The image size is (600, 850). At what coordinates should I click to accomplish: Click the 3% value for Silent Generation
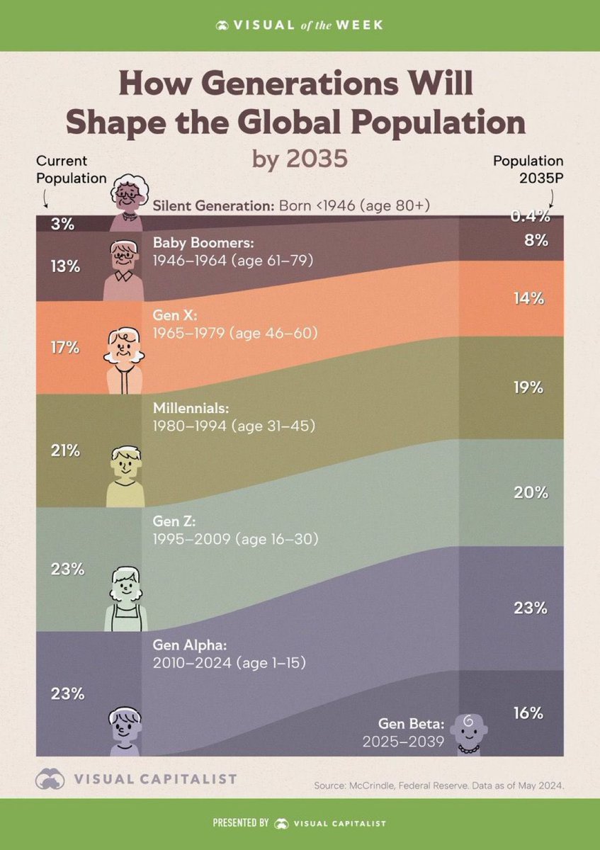(62, 225)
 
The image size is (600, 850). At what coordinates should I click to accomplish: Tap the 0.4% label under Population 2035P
(529, 217)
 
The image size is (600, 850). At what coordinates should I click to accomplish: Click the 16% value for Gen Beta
(529, 713)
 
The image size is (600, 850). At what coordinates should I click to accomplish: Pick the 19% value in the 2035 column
(529, 387)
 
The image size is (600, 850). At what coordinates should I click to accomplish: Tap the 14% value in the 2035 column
(529, 299)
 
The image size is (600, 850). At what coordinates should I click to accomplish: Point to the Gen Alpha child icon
(124, 730)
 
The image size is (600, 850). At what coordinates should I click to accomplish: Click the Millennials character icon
(125, 475)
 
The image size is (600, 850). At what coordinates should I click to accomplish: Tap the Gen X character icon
(125, 358)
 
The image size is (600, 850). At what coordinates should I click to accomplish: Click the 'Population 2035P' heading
(528, 169)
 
